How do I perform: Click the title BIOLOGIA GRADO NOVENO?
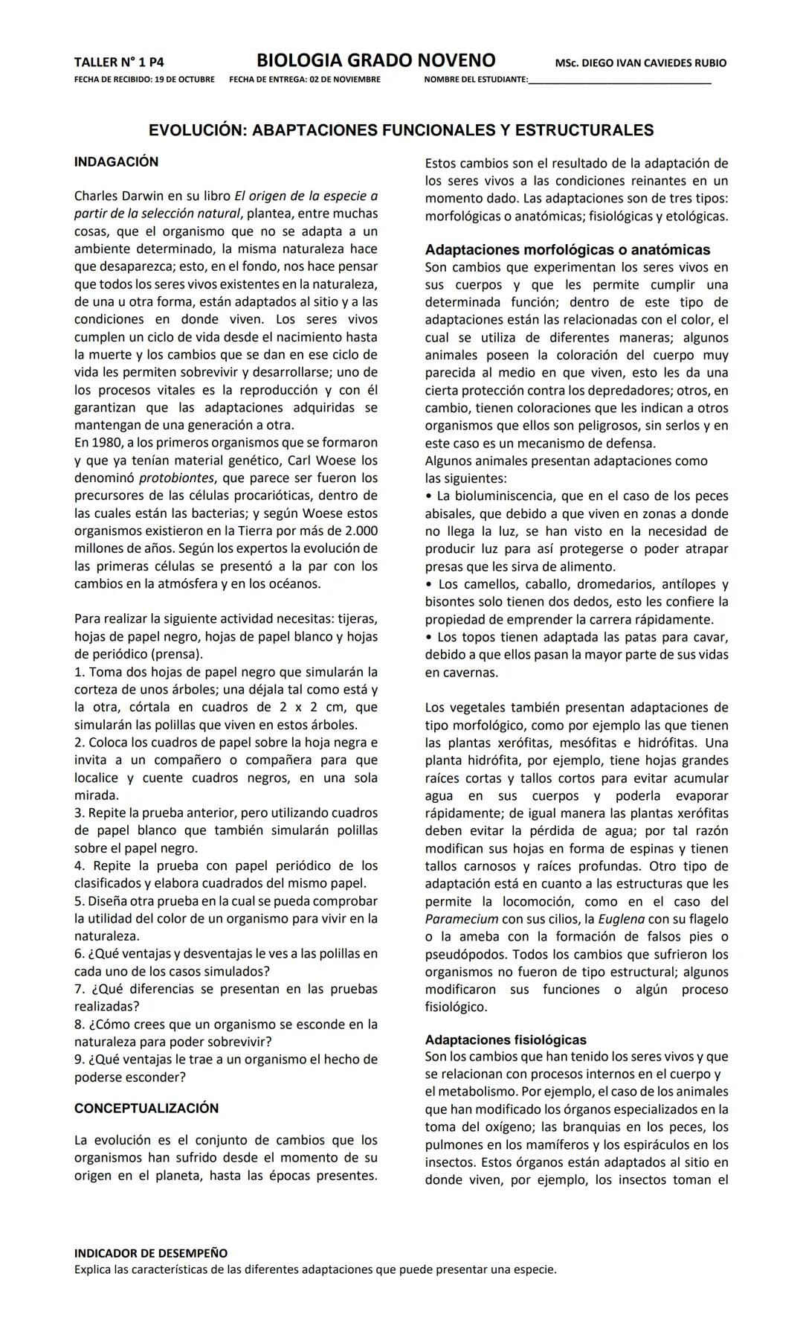click(375, 60)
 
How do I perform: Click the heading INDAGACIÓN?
click(116, 161)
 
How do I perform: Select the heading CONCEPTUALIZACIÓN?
click(146, 1108)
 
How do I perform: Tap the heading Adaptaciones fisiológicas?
click(506, 1039)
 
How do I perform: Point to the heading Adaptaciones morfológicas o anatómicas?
click(567, 250)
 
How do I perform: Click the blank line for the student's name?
click(619, 80)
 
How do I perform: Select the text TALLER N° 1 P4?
click(119, 63)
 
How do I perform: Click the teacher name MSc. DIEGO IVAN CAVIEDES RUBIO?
click(640, 63)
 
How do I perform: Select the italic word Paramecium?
click(461, 919)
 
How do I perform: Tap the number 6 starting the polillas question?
click(78, 954)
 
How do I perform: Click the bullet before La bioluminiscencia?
click(429, 496)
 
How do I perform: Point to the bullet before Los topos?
click(429, 638)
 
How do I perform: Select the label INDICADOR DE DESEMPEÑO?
click(151, 1254)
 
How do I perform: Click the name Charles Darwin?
click(115, 196)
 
